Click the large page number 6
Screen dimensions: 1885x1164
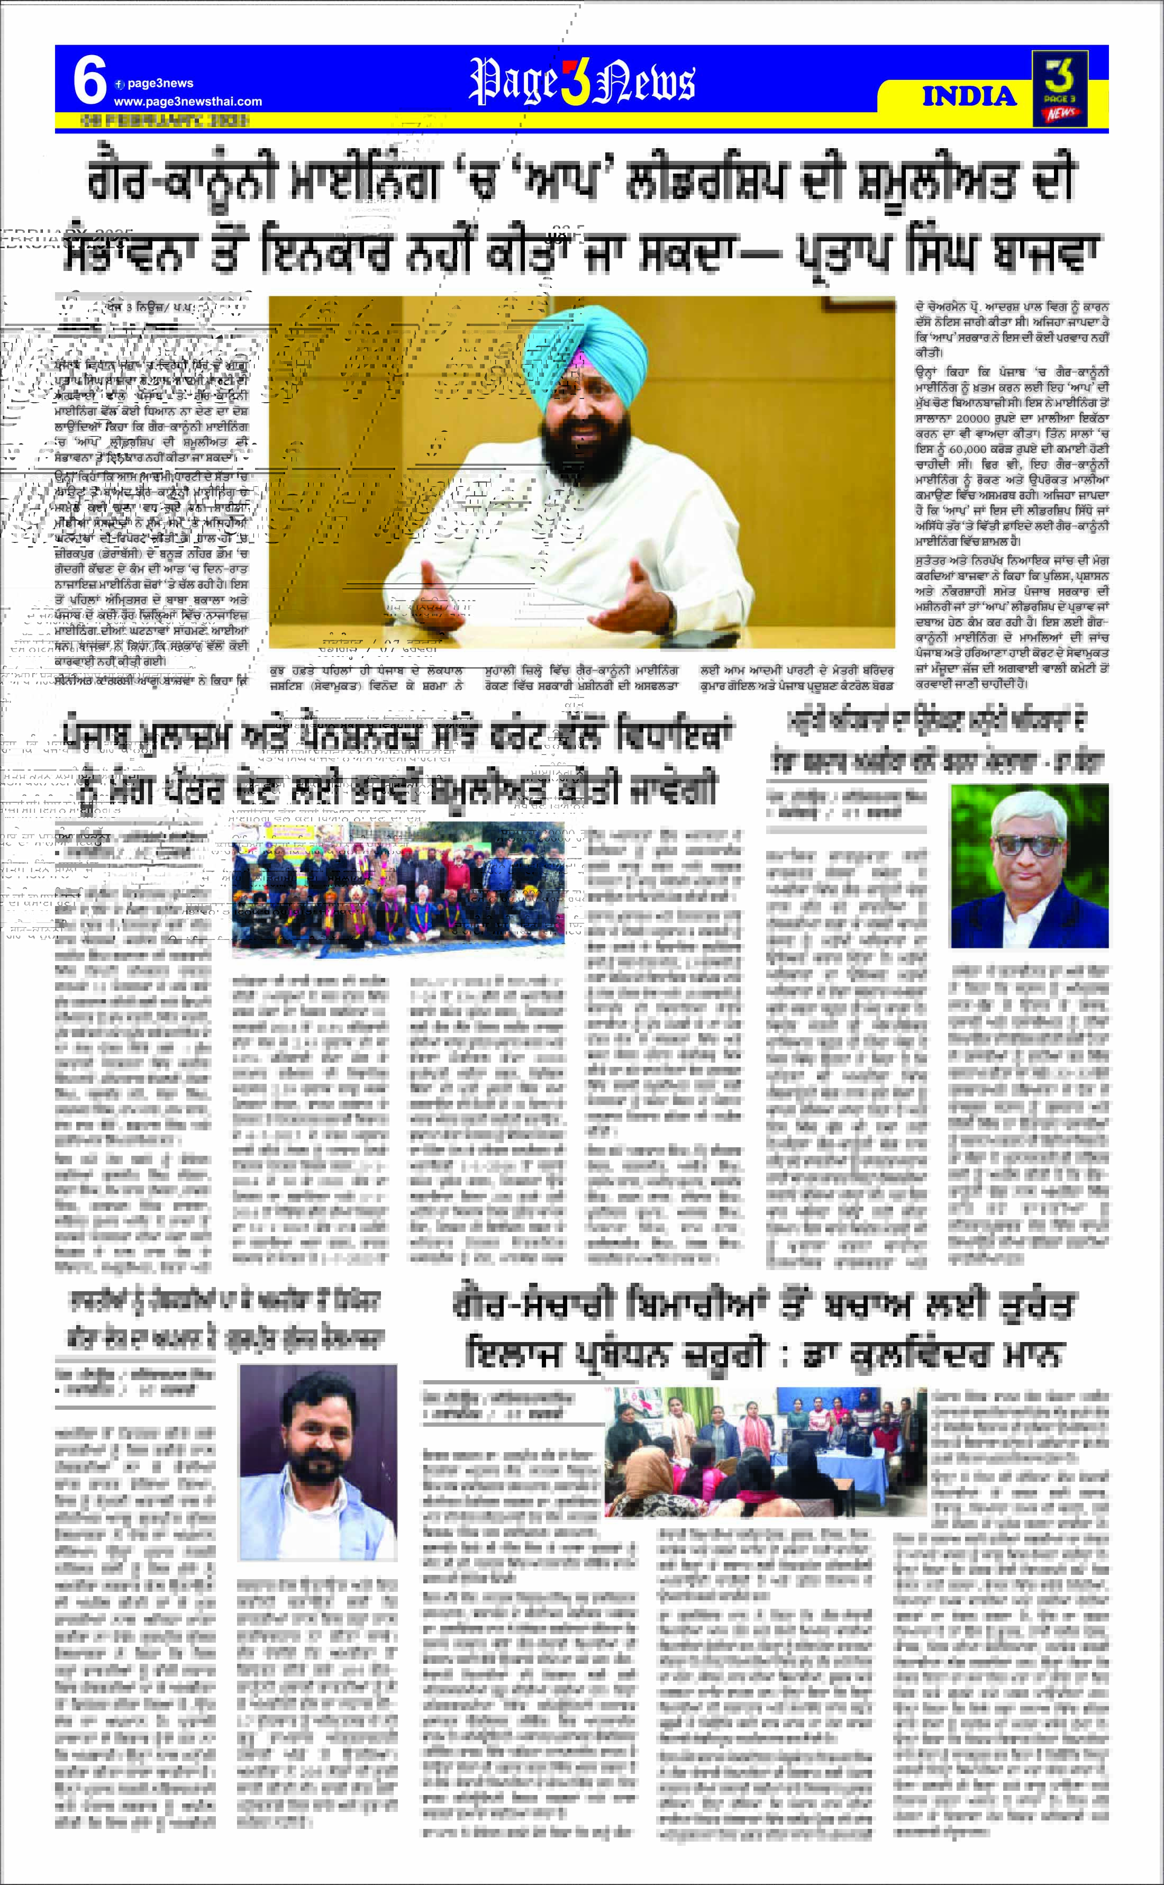coord(89,81)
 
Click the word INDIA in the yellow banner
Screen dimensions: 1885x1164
coord(969,96)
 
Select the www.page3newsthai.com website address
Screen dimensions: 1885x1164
coord(188,102)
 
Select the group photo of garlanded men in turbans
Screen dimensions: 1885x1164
coord(398,890)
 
